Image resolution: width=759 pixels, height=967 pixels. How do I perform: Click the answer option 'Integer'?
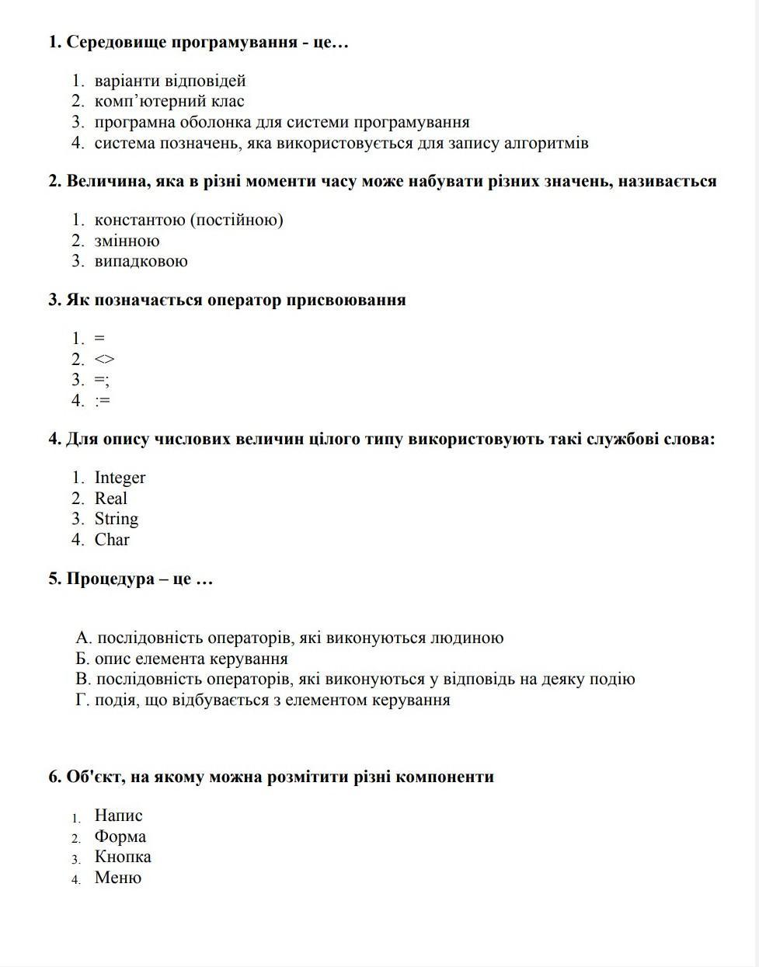pos(120,478)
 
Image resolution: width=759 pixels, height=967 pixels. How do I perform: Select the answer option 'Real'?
pos(110,499)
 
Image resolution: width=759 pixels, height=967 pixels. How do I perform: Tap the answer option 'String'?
pos(116,519)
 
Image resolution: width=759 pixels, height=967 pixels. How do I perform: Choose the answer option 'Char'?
pos(112,540)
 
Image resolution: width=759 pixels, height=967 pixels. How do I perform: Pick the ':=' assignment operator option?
pos(103,401)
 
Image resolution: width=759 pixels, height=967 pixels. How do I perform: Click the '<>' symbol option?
pos(104,359)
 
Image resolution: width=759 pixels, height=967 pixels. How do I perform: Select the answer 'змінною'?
pos(127,241)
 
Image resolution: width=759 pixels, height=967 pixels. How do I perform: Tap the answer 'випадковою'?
pos(141,261)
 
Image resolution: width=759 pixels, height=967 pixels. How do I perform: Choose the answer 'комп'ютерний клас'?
pos(169,101)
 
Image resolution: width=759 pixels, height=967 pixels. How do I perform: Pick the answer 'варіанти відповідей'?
pos(170,81)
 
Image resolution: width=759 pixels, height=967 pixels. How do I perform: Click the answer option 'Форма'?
pos(120,837)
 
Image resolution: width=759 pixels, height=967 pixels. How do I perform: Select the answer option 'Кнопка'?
pos(123,857)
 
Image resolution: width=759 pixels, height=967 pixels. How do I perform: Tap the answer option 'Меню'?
pos(117,878)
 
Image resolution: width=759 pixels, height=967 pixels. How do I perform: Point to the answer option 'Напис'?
pos(118,816)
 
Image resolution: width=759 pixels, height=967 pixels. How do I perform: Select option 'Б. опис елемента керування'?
pos(182,659)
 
